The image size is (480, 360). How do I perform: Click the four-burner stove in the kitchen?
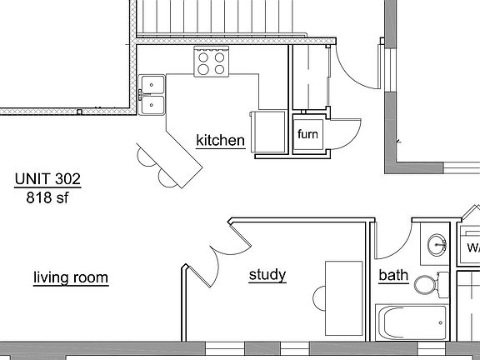212,63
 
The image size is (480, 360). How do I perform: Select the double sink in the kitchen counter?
152,94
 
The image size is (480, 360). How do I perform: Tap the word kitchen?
220,140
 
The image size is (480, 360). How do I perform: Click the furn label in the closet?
307,134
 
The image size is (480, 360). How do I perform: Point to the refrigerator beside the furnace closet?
268,132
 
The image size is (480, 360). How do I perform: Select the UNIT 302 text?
48,178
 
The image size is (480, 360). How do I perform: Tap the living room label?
71,277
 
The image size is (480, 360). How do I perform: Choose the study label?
267,274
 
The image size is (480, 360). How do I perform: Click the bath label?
393,275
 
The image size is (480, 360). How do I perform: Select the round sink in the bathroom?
437,246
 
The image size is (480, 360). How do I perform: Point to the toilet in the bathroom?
428,285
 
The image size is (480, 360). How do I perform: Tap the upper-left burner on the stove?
204,57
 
